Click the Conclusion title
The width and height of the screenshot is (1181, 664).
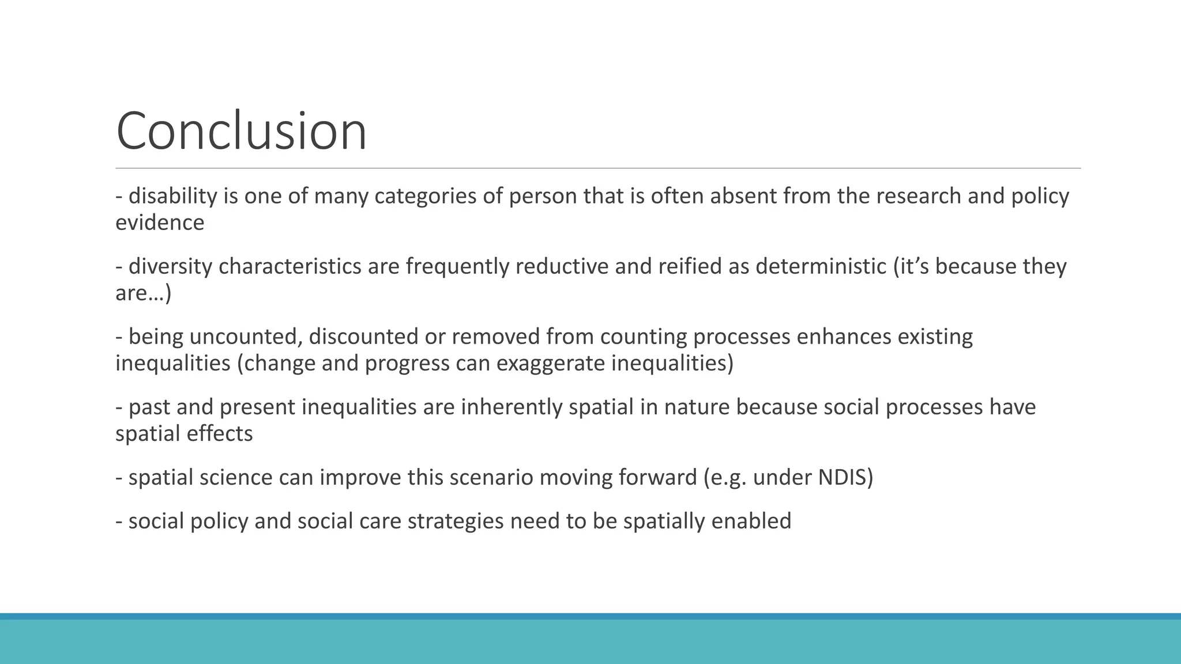pos(241,131)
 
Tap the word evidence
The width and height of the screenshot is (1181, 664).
pos(160,223)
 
